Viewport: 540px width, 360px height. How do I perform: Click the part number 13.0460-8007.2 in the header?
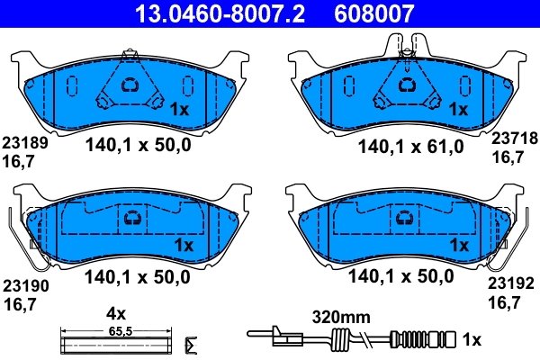[x=220, y=13]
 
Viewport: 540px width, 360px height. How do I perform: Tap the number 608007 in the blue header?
[x=373, y=13]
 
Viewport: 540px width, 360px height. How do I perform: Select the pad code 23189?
[x=25, y=143]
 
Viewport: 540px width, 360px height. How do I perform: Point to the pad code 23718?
[x=514, y=139]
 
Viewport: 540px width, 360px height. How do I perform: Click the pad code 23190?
[x=26, y=286]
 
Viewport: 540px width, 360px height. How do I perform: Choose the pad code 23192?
[x=510, y=283]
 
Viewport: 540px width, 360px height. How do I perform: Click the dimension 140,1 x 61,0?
[x=411, y=147]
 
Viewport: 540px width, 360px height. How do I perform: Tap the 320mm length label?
[x=341, y=318]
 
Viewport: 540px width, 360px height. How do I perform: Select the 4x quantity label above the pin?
[x=116, y=313]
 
